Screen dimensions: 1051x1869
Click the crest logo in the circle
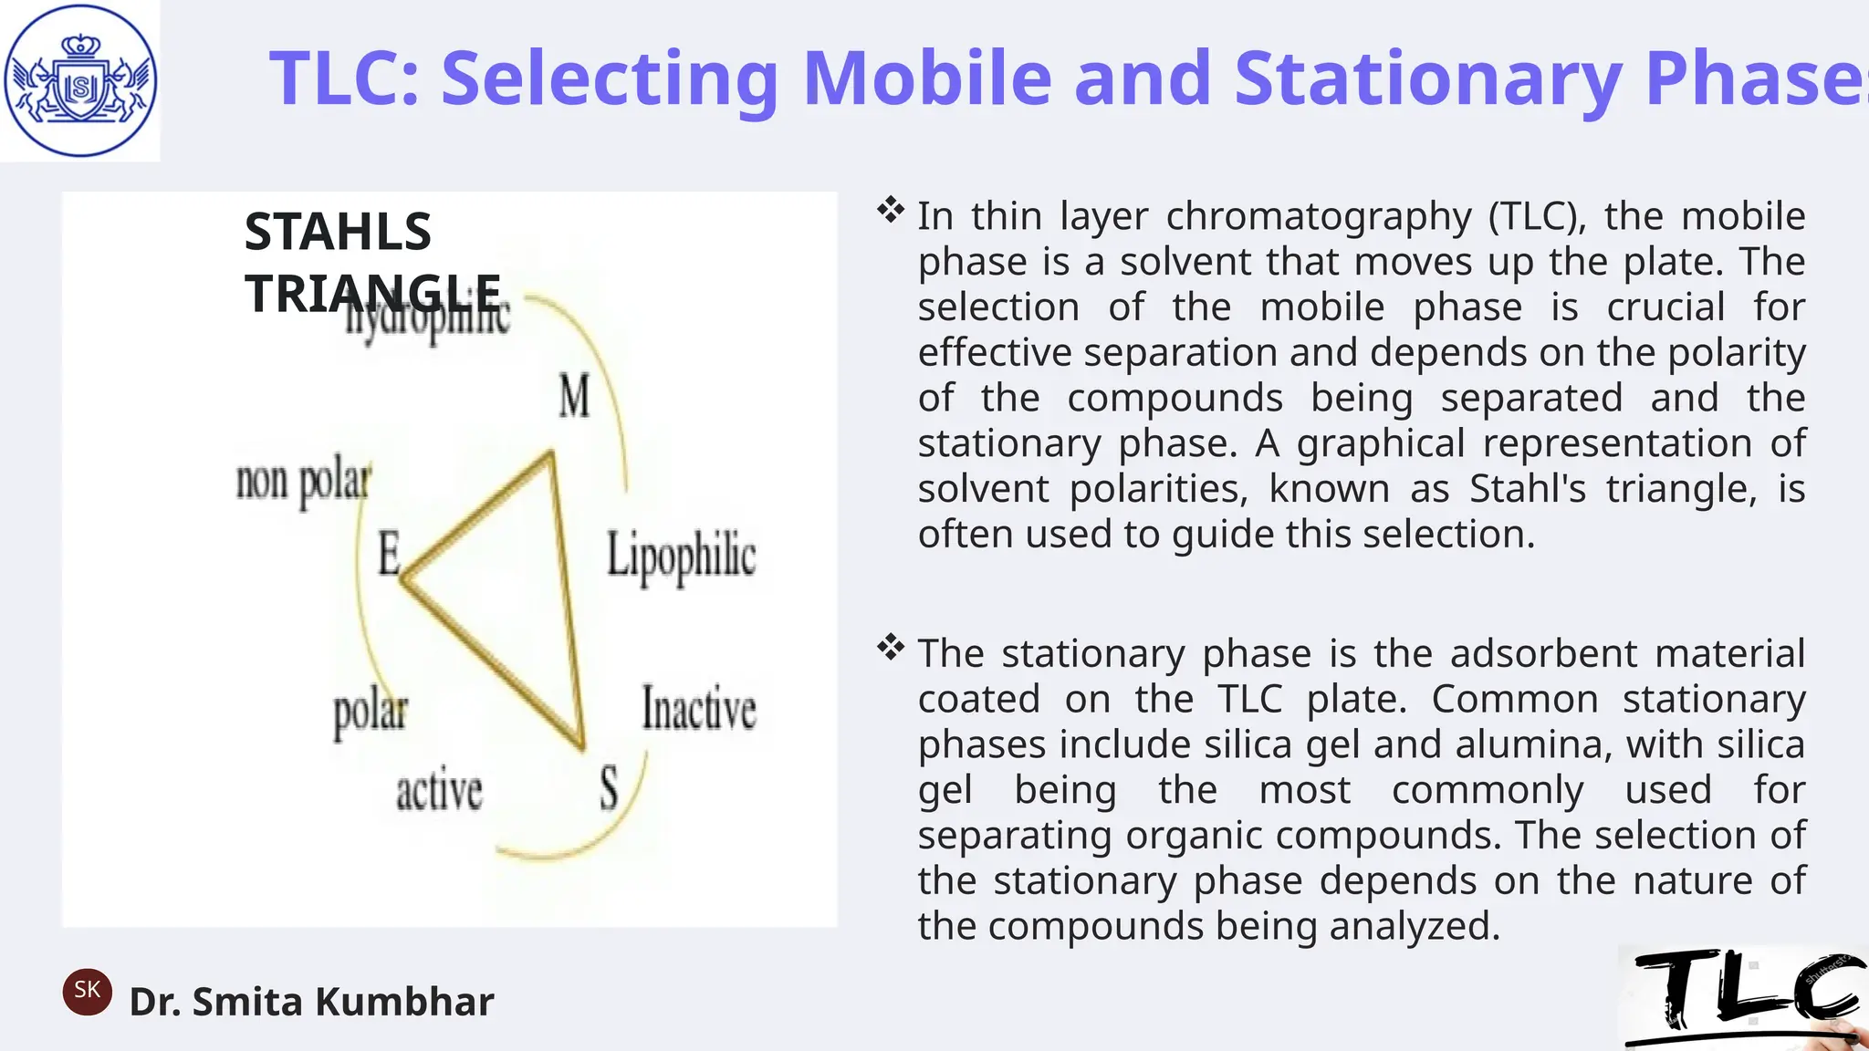[x=80, y=80]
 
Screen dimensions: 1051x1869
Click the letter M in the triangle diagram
[x=574, y=397]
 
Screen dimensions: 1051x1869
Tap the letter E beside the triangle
[x=390, y=553]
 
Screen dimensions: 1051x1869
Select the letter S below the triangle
[x=609, y=788]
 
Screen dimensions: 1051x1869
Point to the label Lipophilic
[x=681, y=556]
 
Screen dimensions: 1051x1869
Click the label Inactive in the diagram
[x=699, y=709]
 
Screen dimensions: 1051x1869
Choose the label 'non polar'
[x=303, y=481]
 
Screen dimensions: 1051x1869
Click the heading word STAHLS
[x=338, y=232]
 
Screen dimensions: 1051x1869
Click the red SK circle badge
[x=88, y=992]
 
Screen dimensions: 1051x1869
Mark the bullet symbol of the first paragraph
[x=890, y=211]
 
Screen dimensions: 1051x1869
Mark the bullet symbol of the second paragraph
[x=890, y=649]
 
